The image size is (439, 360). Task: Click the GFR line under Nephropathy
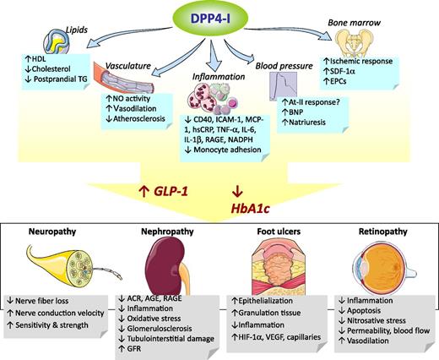[x=133, y=351]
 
